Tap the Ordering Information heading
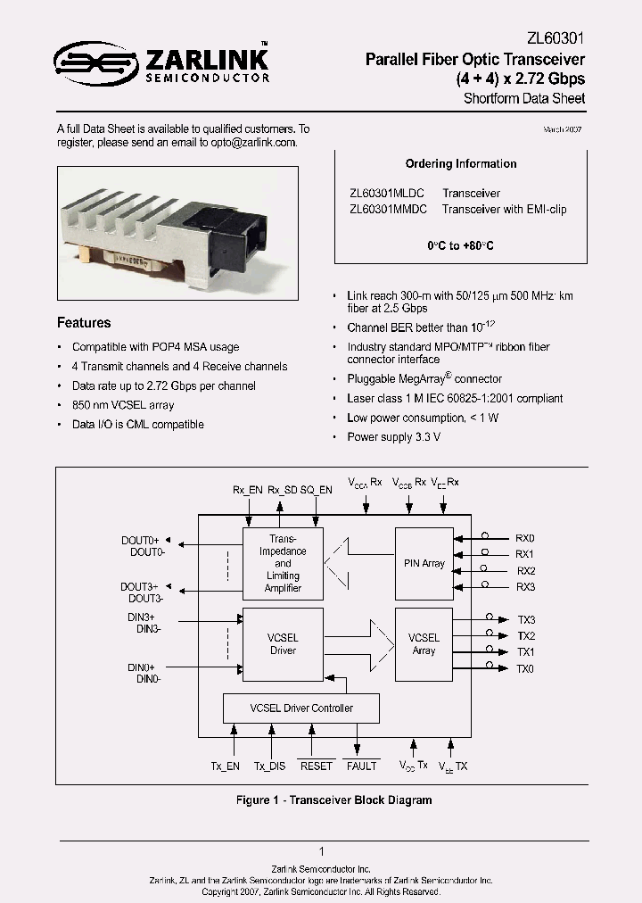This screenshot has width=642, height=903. [461, 164]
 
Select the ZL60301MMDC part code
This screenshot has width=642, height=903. [388, 210]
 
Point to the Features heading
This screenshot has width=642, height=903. [84, 323]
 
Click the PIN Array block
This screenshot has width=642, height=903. [424, 563]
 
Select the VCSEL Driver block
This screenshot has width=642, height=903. [283, 644]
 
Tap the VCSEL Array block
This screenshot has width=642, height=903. [424, 644]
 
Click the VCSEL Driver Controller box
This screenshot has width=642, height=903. [300, 708]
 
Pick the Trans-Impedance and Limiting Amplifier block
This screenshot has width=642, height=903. [283, 563]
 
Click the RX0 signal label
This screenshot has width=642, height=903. [525, 539]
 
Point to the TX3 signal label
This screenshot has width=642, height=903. [526, 620]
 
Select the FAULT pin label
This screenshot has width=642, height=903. [361, 766]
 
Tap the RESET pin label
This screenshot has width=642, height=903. [316, 766]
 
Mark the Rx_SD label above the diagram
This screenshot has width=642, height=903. [283, 490]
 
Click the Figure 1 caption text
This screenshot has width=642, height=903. [333, 800]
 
